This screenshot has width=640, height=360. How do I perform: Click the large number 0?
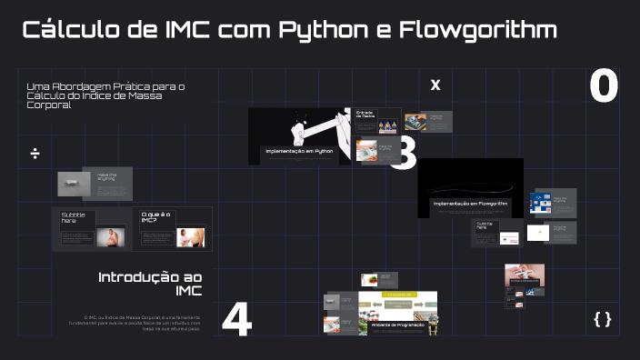pyautogui.click(x=604, y=86)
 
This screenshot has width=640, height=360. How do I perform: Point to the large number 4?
pyautogui.click(x=236, y=320)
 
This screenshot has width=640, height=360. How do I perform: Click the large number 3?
pyautogui.click(x=403, y=154)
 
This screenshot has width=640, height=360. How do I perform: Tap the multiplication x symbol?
pyautogui.click(x=435, y=85)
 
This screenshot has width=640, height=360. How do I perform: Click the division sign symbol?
pyautogui.click(x=35, y=153)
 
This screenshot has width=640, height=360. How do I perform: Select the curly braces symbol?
pyautogui.click(x=602, y=318)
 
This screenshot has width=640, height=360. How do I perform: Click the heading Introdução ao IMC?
pyautogui.click(x=150, y=283)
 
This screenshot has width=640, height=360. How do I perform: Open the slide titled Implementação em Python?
pyautogui.click(x=299, y=151)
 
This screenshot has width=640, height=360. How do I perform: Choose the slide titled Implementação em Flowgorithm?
pyautogui.click(x=469, y=204)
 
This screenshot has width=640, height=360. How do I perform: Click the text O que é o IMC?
pyautogui.click(x=155, y=217)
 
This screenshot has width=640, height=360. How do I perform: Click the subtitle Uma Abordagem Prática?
pyautogui.click(x=106, y=86)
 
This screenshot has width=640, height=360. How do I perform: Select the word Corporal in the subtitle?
pyautogui.click(x=49, y=105)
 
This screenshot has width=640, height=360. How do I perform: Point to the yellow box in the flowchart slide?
pyautogui.click(x=397, y=295)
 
